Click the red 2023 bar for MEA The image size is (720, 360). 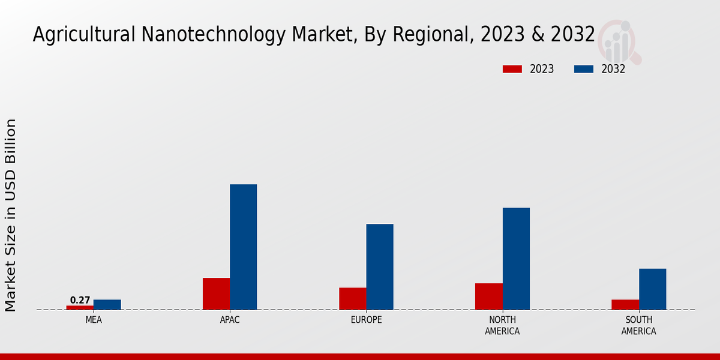[x=80, y=307]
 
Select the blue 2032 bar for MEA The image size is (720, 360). [x=107, y=305]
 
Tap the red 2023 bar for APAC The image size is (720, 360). [x=216, y=293]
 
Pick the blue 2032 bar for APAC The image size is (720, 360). [x=244, y=247]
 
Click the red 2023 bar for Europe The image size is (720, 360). [x=352, y=298]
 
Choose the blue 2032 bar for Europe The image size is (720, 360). [x=380, y=266]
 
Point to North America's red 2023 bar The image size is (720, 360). [x=488, y=296]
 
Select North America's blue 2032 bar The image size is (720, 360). [x=516, y=259]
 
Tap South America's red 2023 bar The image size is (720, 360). [x=625, y=304]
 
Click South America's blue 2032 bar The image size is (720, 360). [x=652, y=289]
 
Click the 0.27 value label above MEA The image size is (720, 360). [x=80, y=300]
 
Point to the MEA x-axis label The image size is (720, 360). [x=94, y=320]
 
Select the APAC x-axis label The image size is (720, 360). [x=230, y=320]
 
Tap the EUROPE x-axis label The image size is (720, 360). [x=366, y=320]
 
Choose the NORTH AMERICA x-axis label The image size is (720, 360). [x=502, y=325]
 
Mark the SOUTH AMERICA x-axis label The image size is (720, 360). [x=638, y=325]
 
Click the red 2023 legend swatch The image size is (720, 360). [x=512, y=69]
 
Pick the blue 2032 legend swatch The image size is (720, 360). [x=584, y=69]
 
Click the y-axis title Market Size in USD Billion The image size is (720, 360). [x=11, y=215]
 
